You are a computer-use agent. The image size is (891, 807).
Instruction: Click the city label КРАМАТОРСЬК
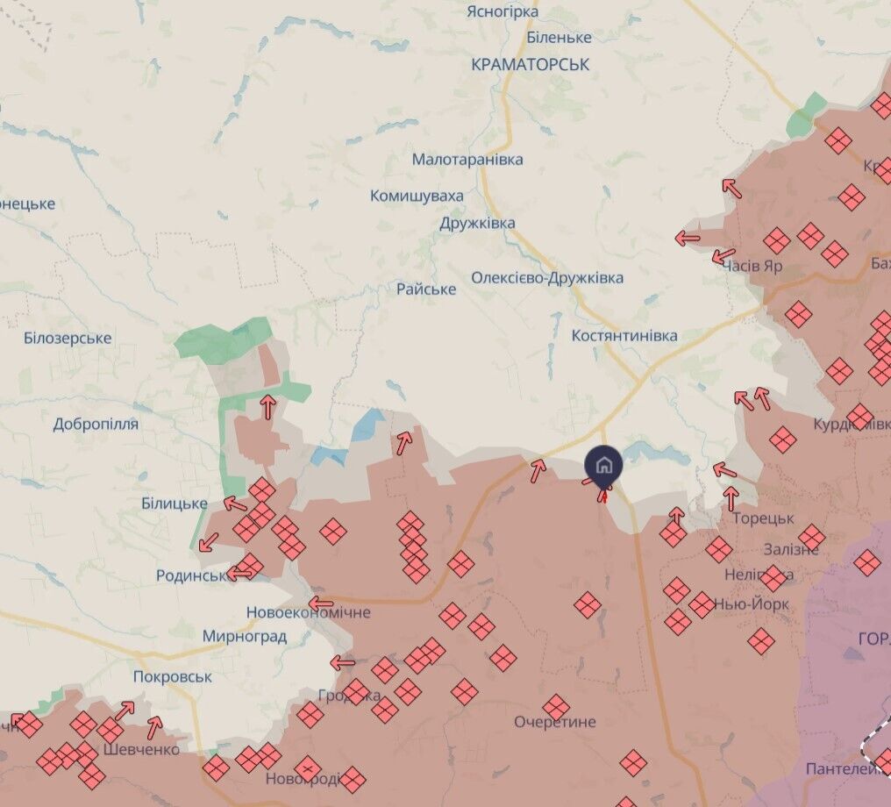coord(530,64)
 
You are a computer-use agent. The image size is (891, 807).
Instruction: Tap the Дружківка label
coord(477,223)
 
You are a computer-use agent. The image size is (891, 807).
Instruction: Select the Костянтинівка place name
coord(624,335)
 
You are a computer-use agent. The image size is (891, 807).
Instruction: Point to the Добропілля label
coord(96,425)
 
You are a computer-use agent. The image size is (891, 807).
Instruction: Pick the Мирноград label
coord(244,637)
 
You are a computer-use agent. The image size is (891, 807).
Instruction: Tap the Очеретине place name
coord(554,723)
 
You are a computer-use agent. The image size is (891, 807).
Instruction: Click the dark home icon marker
coord(604,464)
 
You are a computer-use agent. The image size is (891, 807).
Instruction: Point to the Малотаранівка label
coord(467,160)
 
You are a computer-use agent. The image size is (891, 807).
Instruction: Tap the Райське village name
coord(426,289)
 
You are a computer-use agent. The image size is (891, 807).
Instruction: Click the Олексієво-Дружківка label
coord(547,278)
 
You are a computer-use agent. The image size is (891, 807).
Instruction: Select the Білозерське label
coord(68,339)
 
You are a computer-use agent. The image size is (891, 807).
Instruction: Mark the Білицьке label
coord(174,503)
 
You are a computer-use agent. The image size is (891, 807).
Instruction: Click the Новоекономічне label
coord(308,612)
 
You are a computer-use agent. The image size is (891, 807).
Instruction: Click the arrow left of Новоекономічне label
coord(321,603)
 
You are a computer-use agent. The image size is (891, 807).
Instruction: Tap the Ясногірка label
coord(502,11)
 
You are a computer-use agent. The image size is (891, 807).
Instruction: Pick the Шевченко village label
coord(141,749)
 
